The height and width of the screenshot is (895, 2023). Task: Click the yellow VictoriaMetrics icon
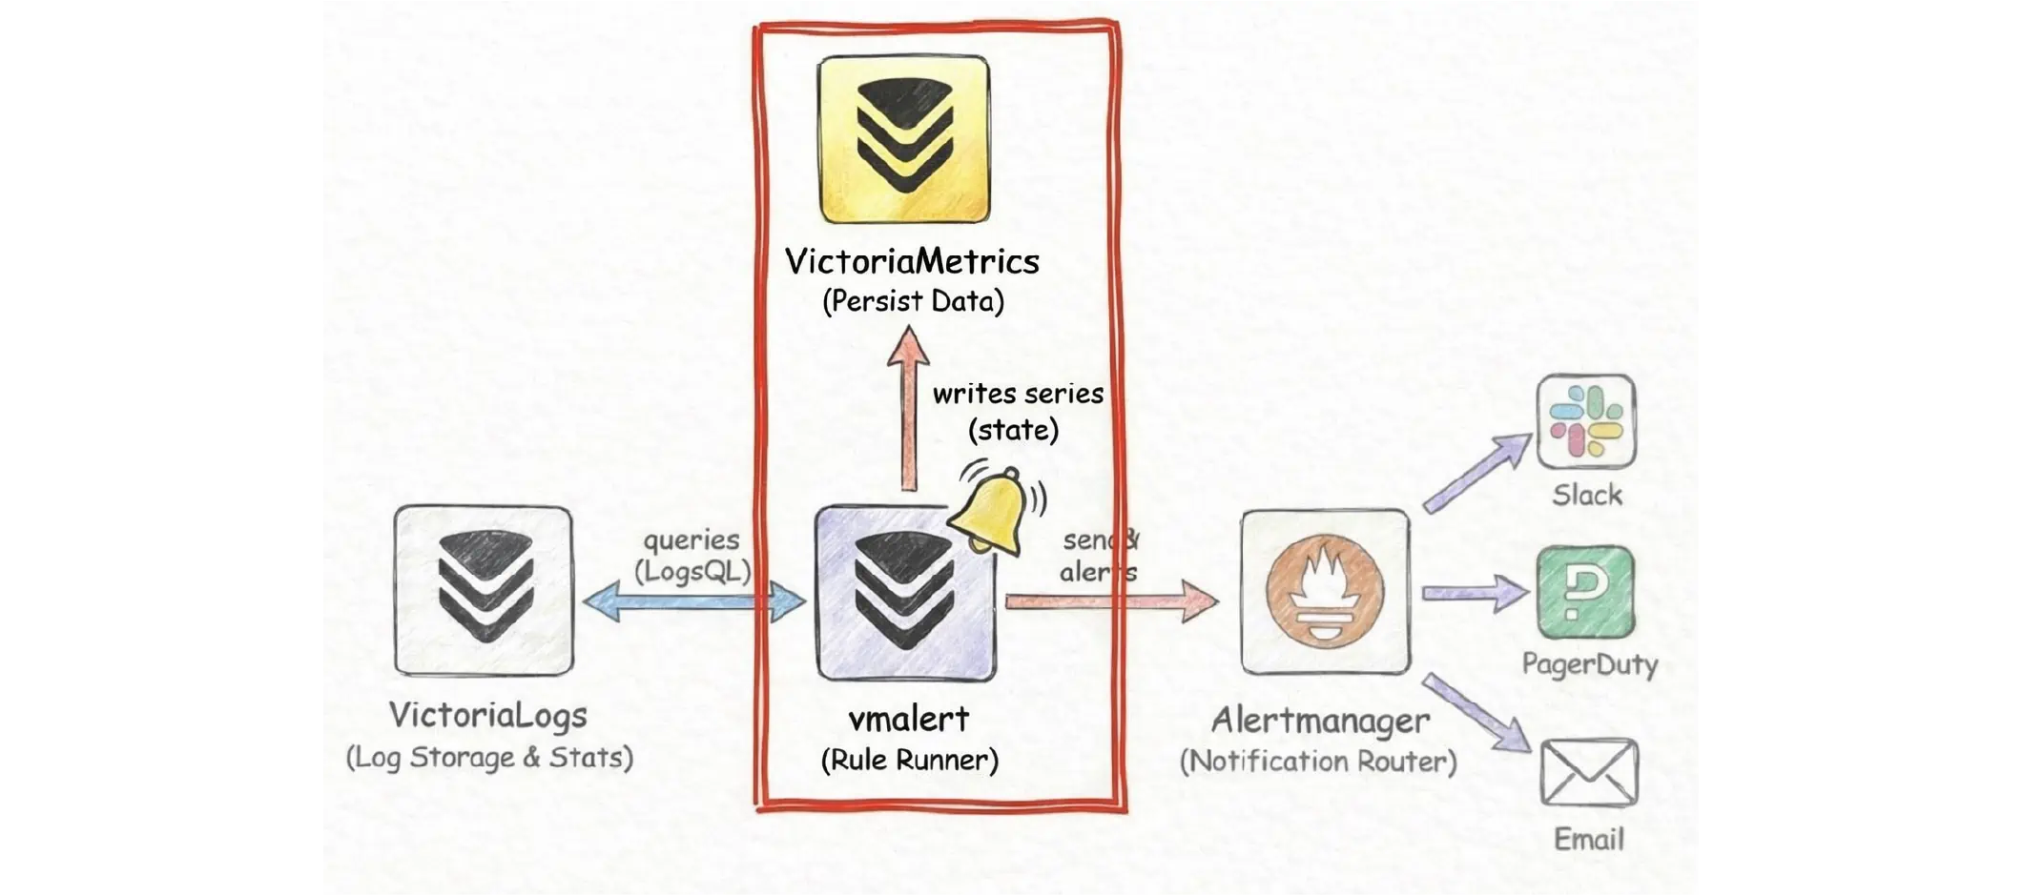[903, 139]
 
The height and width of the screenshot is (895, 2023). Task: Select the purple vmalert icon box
[904, 593]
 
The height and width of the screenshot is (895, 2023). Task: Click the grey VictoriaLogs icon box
[485, 591]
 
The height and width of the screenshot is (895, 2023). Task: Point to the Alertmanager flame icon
[1325, 591]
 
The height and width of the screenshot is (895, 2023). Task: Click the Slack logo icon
[1586, 421]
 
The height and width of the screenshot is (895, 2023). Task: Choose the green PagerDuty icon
[1585, 593]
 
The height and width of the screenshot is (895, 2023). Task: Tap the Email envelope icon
[1589, 772]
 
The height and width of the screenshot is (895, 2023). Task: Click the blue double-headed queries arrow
[693, 602]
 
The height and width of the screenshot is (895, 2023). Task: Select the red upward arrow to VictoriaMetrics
[908, 410]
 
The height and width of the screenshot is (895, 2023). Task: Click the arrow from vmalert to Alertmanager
[1111, 601]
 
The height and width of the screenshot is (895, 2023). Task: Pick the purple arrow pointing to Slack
[1476, 474]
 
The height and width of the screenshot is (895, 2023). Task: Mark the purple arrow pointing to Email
[1476, 713]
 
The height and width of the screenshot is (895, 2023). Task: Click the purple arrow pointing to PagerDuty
[1474, 593]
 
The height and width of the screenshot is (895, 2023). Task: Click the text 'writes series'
[1018, 394]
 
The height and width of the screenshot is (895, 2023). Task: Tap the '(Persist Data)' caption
[913, 301]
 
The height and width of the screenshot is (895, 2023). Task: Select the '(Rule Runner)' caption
[909, 760]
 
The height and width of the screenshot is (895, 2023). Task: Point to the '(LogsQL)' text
[692, 571]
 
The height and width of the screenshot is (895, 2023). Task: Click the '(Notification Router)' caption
[1318, 761]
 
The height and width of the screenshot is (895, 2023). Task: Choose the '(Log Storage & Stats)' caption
[488, 757]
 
